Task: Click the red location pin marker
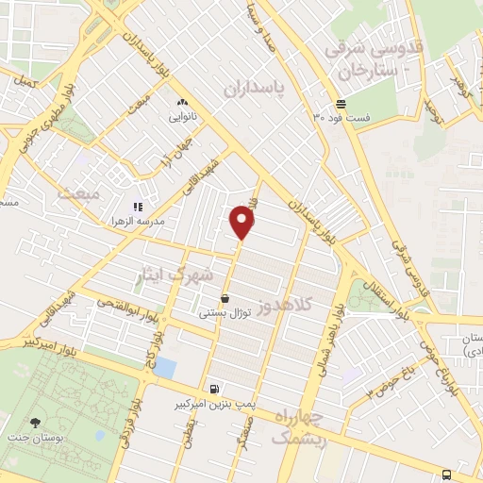coord(242,223)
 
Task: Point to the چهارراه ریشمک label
coord(296,425)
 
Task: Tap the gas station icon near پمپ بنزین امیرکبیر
coord(216,389)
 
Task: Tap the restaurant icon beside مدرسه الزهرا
coord(138,206)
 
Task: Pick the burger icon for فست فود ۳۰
coord(340,104)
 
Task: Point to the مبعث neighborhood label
coord(77,193)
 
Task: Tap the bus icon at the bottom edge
coord(446,475)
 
